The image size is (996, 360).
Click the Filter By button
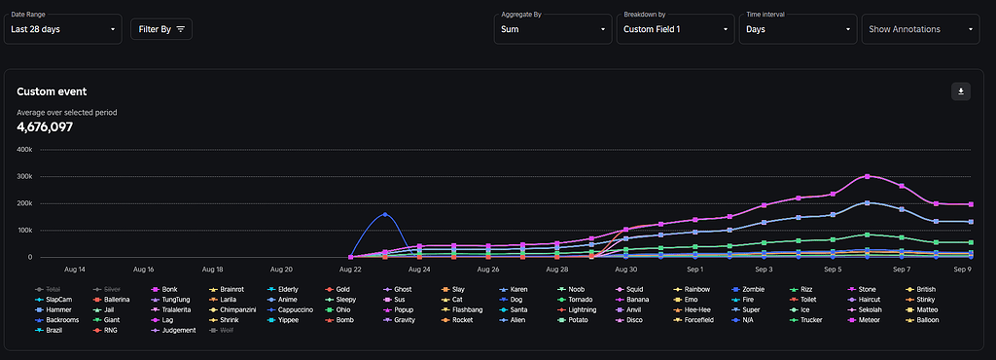(161, 29)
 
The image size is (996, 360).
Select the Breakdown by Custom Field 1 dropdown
(674, 29)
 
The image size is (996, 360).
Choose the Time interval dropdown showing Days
(797, 29)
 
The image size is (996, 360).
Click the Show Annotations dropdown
(919, 29)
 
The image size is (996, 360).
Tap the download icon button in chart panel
(961, 91)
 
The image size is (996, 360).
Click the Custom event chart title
(52, 91)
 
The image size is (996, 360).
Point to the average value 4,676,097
(45, 127)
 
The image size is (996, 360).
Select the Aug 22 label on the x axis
(350, 268)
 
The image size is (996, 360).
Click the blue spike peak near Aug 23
(385, 214)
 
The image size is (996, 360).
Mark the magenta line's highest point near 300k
(867, 176)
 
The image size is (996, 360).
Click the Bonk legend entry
(169, 289)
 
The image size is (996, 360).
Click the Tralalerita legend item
(182, 309)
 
